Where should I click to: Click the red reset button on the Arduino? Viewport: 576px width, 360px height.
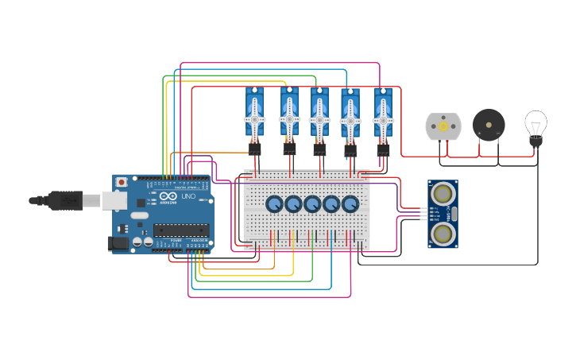coord(121,182)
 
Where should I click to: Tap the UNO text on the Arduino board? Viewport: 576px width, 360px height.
coord(188,196)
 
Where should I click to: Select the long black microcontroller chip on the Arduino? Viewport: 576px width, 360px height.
coord(182,230)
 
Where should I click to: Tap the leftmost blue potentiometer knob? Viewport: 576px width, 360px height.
coord(274,205)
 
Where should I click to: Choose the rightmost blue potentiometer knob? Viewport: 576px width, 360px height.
coord(350,205)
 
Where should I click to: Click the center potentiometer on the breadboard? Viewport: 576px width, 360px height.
coord(312,205)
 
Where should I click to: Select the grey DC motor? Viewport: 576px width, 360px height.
coord(443,126)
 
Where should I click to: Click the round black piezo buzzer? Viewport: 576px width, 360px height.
coord(488,125)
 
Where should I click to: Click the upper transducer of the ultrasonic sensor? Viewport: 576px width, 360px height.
coord(443,192)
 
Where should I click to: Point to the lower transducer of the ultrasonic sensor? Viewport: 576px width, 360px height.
coord(443,233)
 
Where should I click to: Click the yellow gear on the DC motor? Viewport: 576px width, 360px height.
coord(443,126)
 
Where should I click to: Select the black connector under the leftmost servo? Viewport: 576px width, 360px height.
coord(254,148)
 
